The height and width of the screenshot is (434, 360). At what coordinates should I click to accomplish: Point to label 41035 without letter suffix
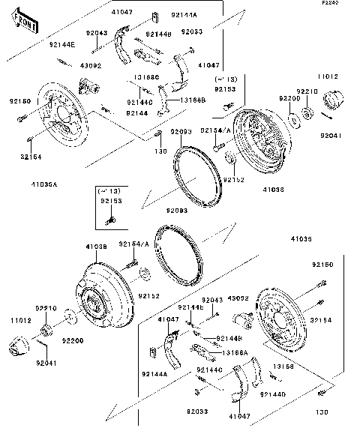(x=302, y=240)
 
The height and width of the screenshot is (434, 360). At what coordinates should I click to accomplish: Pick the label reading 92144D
(x=274, y=394)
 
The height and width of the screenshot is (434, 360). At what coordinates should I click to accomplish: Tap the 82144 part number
(x=136, y=112)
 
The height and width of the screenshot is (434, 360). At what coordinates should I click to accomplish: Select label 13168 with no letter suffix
(x=282, y=367)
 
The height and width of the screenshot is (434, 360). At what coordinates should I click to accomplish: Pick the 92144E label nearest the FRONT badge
(x=62, y=45)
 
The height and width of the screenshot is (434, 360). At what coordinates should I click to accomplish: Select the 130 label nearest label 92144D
(x=322, y=412)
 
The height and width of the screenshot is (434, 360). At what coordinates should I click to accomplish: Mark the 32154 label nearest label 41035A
(x=31, y=157)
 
